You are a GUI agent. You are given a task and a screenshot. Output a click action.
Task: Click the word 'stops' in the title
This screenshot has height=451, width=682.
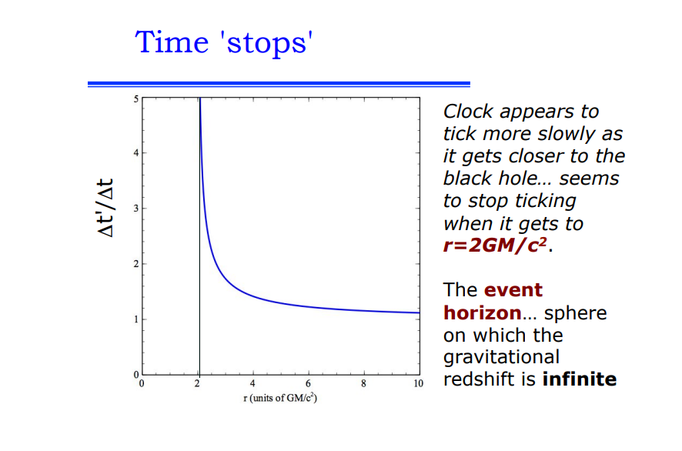267,42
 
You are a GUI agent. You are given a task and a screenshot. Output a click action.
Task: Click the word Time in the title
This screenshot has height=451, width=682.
172,42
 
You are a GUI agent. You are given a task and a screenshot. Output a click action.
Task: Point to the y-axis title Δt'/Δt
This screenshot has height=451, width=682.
105,208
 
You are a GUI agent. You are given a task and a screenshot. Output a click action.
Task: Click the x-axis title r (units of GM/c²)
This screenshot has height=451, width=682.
280,397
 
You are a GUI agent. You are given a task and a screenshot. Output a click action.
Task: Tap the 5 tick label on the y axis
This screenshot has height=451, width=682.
136,99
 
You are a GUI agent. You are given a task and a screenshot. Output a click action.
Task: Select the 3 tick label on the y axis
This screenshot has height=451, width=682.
136,209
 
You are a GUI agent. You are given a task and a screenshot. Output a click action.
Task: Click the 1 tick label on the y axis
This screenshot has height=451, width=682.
136,319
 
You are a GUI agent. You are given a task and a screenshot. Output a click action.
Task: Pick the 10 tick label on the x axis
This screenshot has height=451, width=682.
418,383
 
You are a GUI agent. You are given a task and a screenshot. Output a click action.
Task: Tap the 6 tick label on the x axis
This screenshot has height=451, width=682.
308,383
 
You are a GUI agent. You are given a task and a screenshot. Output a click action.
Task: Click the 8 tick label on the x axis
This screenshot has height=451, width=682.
363,383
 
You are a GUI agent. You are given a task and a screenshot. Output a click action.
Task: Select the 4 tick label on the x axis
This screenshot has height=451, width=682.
252,383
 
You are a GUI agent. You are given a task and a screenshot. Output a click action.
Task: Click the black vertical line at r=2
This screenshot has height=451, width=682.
199,236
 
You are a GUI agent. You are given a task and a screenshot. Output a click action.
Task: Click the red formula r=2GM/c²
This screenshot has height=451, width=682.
495,246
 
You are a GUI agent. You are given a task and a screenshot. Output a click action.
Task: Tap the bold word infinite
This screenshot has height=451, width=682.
580,379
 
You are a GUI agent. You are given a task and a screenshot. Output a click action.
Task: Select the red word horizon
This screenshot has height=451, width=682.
483,312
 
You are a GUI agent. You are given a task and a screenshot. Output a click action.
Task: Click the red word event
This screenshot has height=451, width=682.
513,290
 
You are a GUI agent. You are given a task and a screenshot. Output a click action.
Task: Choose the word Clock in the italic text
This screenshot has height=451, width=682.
468,112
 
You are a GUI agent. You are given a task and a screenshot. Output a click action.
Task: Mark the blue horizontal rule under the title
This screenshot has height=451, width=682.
279,84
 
